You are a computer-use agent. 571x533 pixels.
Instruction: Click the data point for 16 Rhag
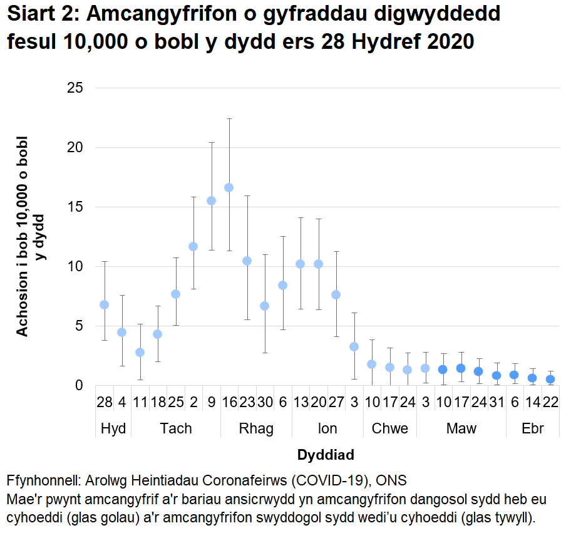click(x=229, y=187)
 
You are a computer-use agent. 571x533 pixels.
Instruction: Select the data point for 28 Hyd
click(x=105, y=304)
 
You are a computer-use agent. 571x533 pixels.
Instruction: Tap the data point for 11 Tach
click(x=140, y=352)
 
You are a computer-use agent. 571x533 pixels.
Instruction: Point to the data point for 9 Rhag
click(x=211, y=200)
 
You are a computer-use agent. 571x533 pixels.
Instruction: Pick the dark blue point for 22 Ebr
click(x=550, y=379)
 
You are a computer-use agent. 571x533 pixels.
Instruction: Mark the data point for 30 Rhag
click(x=264, y=306)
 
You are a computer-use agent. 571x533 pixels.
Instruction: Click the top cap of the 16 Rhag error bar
click(x=229, y=118)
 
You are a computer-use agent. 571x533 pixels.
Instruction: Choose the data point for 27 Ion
click(x=336, y=294)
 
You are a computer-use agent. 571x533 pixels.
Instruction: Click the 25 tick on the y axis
click(x=75, y=88)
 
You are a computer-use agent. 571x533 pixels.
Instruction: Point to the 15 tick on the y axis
click(x=75, y=207)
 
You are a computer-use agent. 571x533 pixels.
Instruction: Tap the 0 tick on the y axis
click(x=78, y=385)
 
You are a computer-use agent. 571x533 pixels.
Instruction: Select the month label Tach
click(x=176, y=428)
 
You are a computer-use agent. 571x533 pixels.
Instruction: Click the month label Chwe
click(x=389, y=428)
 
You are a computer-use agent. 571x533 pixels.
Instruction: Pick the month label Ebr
click(x=532, y=428)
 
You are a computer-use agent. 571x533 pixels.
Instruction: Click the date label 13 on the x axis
click(x=300, y=403)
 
